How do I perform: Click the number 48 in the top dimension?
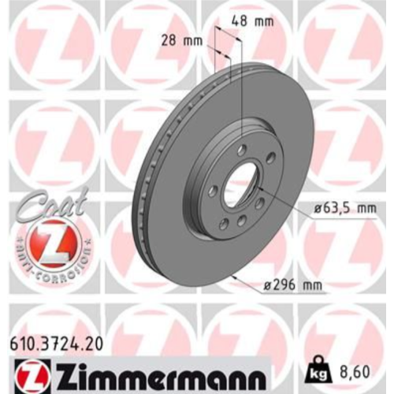tap(239, 21)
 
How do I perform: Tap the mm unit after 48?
tap(263, 22)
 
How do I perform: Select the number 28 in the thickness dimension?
tap(169, 41)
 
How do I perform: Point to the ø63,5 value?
tap(333, 209)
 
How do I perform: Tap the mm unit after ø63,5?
tap(366, 210)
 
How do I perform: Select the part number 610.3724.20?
tap(56, 344)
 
